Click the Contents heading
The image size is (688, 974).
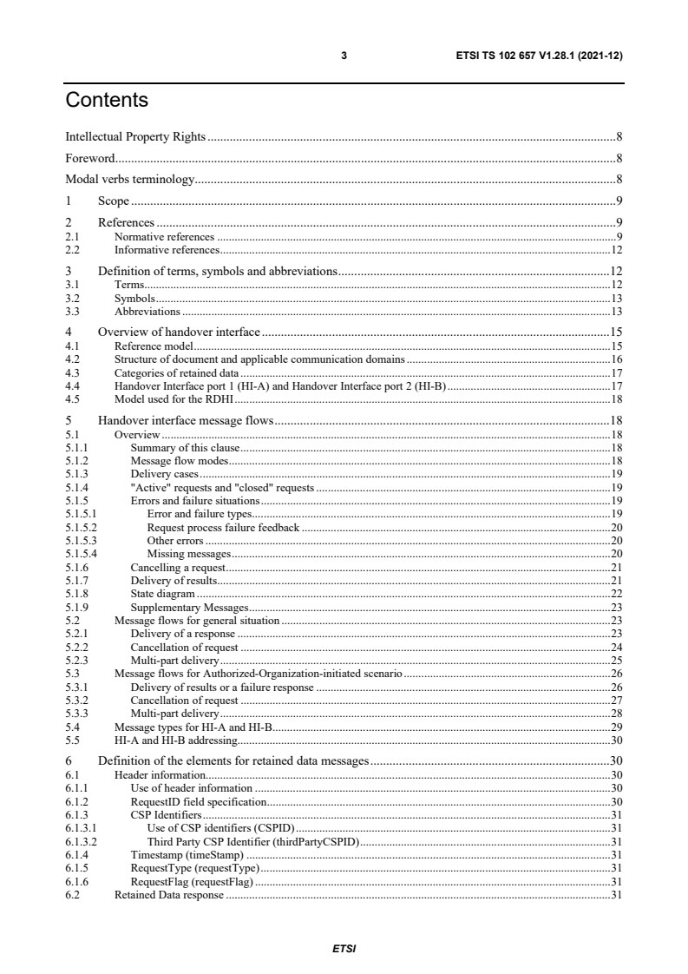click(107, 101)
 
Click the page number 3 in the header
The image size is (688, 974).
click(344, 56)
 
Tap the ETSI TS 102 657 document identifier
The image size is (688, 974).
click(539, 56)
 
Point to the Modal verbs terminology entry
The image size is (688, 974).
click(129, 180)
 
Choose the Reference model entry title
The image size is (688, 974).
click(154, 346)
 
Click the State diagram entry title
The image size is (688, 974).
click(162, 593)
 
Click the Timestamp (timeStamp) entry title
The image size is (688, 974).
click(186, 855)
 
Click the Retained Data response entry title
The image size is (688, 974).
click(169, 895)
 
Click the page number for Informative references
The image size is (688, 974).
click(617, 249)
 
